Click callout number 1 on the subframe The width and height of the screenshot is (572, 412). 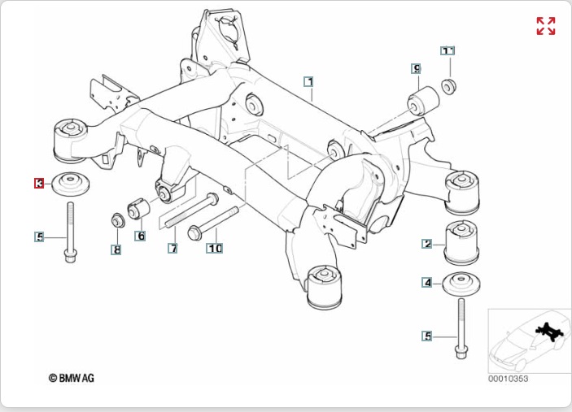tap(309, 81)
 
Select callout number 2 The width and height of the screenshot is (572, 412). tap(426, 244)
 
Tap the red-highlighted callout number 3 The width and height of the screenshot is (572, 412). tap(39, 184)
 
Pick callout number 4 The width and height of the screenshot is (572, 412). tap(426, 283)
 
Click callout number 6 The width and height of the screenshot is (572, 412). tap(141, 236)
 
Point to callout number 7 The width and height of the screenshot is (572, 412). tap(172, 248)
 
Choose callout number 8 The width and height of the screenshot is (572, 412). tap(116, 250)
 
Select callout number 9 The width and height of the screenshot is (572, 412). tap(416, 69)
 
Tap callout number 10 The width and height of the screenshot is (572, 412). tap(214, 248)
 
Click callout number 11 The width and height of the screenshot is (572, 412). tap(448, 51)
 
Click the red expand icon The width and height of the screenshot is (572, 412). tap(545, 26)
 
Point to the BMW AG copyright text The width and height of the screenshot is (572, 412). tap(72, 379)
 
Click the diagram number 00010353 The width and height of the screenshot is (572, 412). tap(509, 379)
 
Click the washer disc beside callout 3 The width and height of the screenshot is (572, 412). tap(71, 184)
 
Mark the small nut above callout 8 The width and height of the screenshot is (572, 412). tap(116, 219)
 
